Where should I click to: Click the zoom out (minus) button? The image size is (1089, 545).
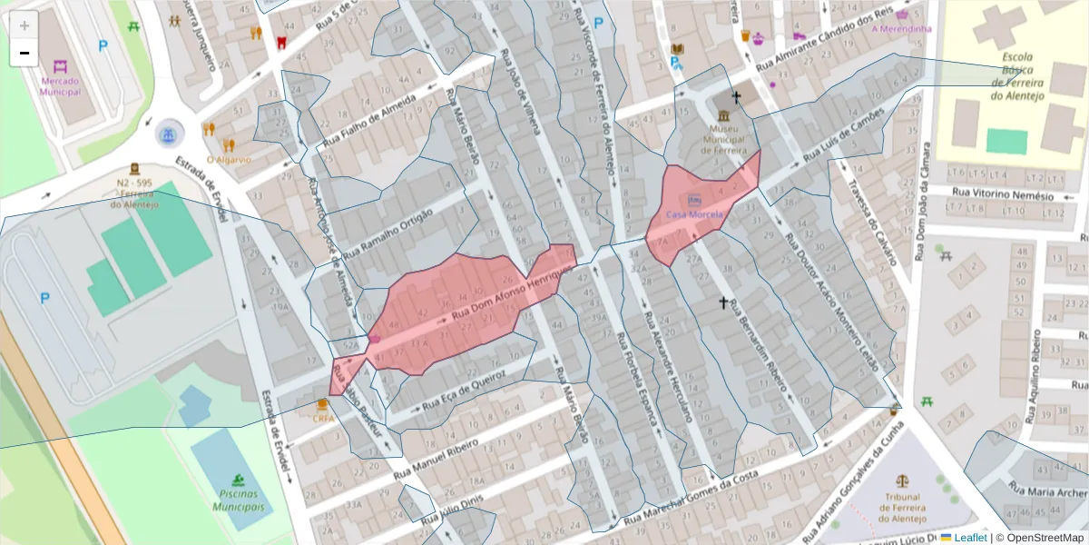[24, 53]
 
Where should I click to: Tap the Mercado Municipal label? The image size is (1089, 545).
[61, 86]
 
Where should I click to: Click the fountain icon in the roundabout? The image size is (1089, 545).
[168, 135]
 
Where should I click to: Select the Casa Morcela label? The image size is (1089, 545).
[694, 214]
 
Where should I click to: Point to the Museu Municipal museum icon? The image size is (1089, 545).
[723, 117]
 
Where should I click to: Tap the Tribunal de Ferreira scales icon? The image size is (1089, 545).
[902, 481]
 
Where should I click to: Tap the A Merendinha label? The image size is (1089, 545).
[901, 28]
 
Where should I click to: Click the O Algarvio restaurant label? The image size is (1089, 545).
[229, 159]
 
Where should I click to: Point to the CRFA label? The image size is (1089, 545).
[323, 419]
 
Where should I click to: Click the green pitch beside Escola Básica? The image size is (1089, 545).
[1006, 142]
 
